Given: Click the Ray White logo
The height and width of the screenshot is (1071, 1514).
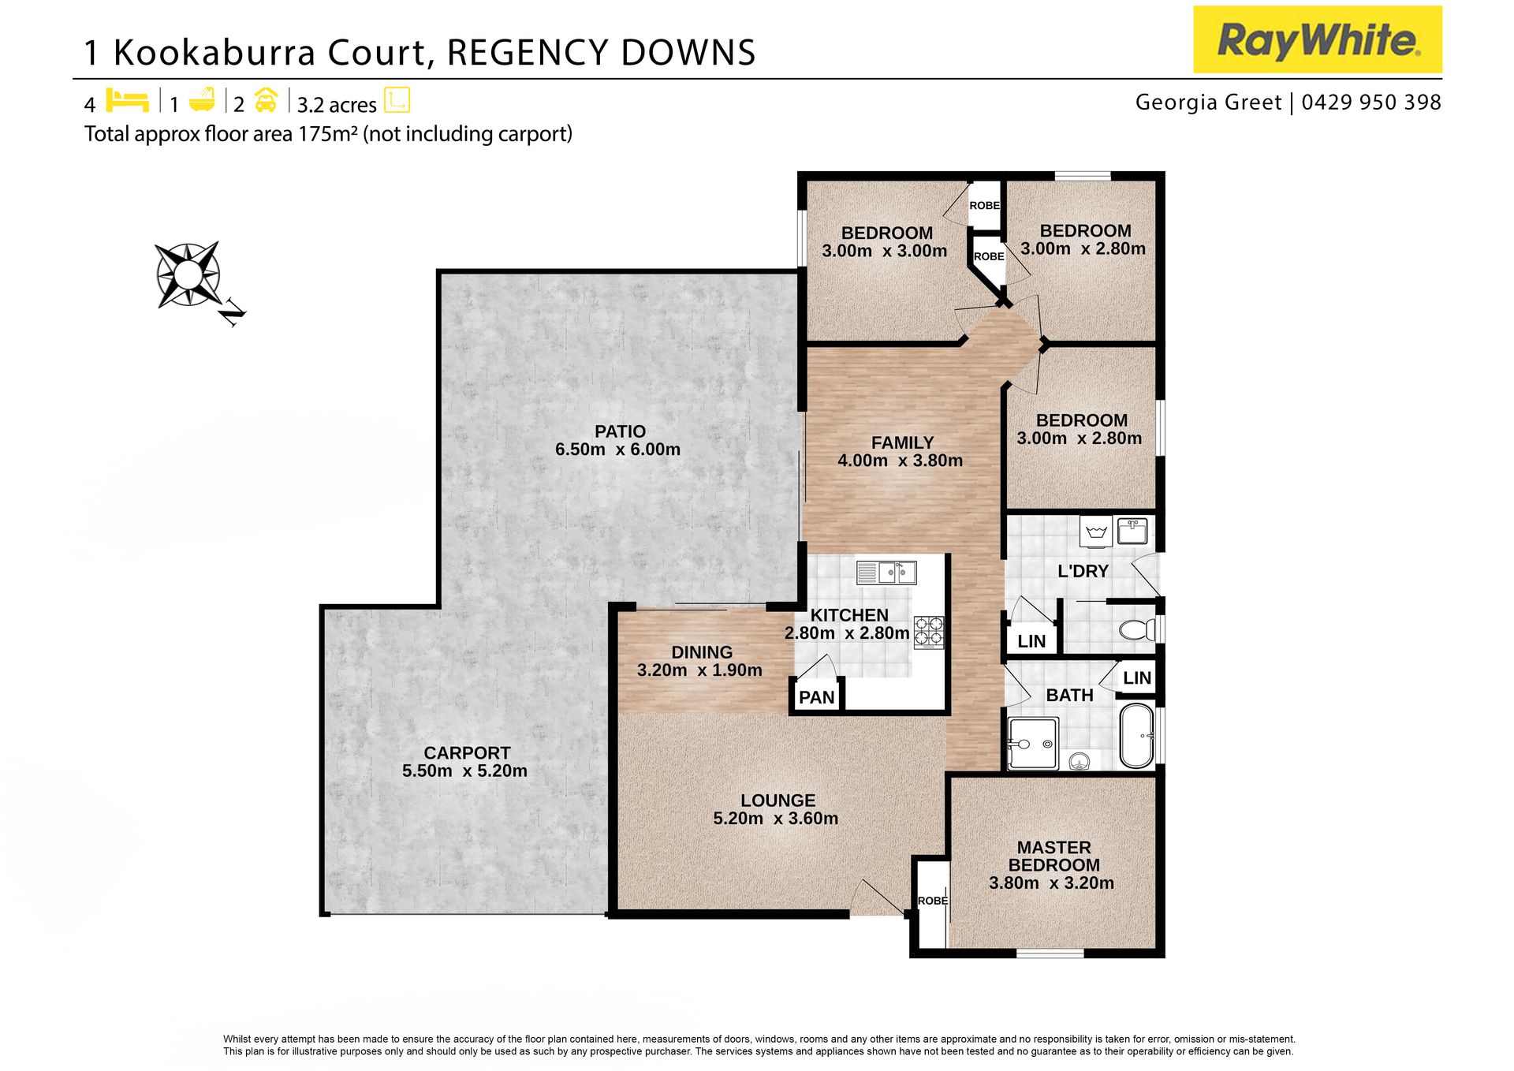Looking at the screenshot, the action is click(x=1317, y=39).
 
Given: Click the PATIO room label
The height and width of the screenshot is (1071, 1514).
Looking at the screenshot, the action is click(x=620, y=431).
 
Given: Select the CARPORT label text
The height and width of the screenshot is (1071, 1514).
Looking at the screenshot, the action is click(x=467, y=753).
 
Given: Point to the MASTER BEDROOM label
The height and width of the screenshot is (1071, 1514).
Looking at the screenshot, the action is click(x=1053, y=856).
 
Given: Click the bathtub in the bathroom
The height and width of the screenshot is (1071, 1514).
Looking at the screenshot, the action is click(x=1135, y=736).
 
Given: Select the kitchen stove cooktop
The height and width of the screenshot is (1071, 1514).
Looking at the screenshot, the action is click(x=929, y=633).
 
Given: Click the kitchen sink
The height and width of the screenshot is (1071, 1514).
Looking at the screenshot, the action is click(x=886, y=573).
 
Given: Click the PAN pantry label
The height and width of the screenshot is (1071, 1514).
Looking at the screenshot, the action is click(x=816, y=698).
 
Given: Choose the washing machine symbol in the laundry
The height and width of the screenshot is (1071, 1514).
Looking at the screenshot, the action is click(x=1096, y=532).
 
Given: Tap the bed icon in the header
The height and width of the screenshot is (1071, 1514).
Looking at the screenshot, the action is click(x=127, y=100).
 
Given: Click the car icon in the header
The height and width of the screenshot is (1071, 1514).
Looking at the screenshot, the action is click(x=266, y=100).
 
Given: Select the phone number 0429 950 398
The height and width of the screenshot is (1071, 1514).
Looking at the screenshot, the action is click(x=1371, y=103).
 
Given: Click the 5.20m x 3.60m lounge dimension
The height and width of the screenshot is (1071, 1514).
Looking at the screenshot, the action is click(x=775, y=819).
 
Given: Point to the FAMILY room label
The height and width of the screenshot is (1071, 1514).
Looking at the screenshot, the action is click(x=902, y=443).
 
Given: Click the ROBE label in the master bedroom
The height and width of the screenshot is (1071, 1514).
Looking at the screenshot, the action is click(x=933, y=901).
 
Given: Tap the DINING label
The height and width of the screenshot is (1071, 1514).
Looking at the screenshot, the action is click(x=702, y=652).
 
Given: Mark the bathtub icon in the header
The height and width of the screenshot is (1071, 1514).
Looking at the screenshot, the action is click(x=203, y=99).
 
